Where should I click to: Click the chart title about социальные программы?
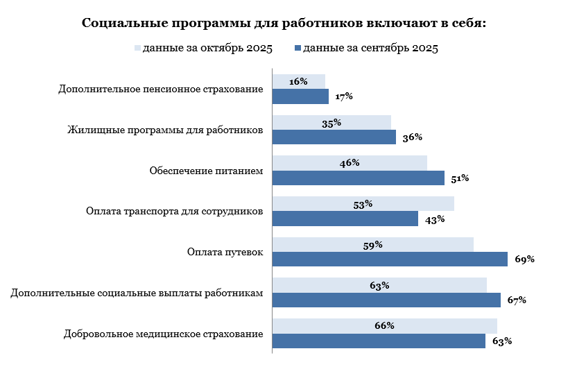[x=284, y=23]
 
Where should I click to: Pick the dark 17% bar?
[x=300, y=96]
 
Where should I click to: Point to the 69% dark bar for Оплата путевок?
[x=389, y=259]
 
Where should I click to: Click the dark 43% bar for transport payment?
[x=345, y=219]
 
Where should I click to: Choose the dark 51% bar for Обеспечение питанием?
[x=358, y=178]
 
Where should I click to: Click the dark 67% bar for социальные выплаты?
[x=386, y=300]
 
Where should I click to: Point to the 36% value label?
[x=413, y=137]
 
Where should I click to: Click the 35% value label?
[x=331, y=123]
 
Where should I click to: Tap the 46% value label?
[x=350, y=163]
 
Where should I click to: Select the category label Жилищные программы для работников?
[x=165, y=130]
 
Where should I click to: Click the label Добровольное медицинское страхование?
[x=163, y=334]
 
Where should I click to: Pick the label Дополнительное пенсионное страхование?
[x=161, y=89]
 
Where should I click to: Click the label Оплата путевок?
[x=225, y=252]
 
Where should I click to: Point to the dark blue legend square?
[x=298, y=49]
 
